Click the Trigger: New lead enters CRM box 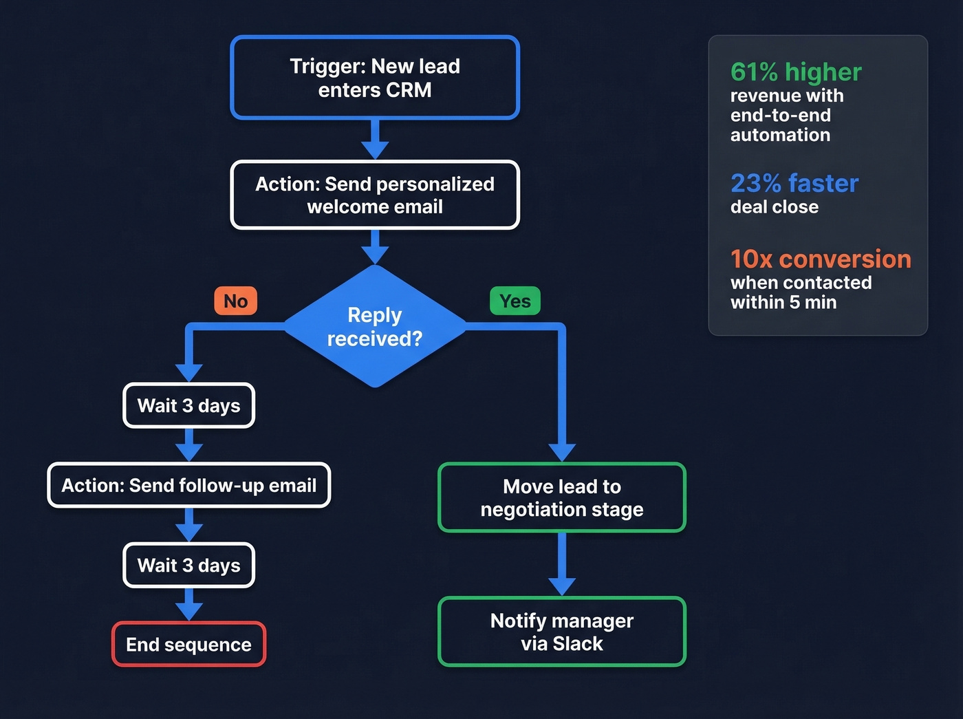pos(375,78)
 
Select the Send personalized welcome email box pos(375,195)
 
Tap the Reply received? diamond pos(375,327)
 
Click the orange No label pos(236,301)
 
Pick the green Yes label pos(515,301)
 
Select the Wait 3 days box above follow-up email pos(189,406)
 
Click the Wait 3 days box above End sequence pos(189,566)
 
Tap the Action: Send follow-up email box pos(189,486)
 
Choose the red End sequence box pos(189,645)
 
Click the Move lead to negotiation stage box pos(562,497)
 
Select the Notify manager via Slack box pos(562,632)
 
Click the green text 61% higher pos(796,72)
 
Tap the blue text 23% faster pos(794,184)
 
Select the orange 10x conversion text pos(821,259)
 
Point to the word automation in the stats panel pos(780,135)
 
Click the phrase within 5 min pos(783,303)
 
